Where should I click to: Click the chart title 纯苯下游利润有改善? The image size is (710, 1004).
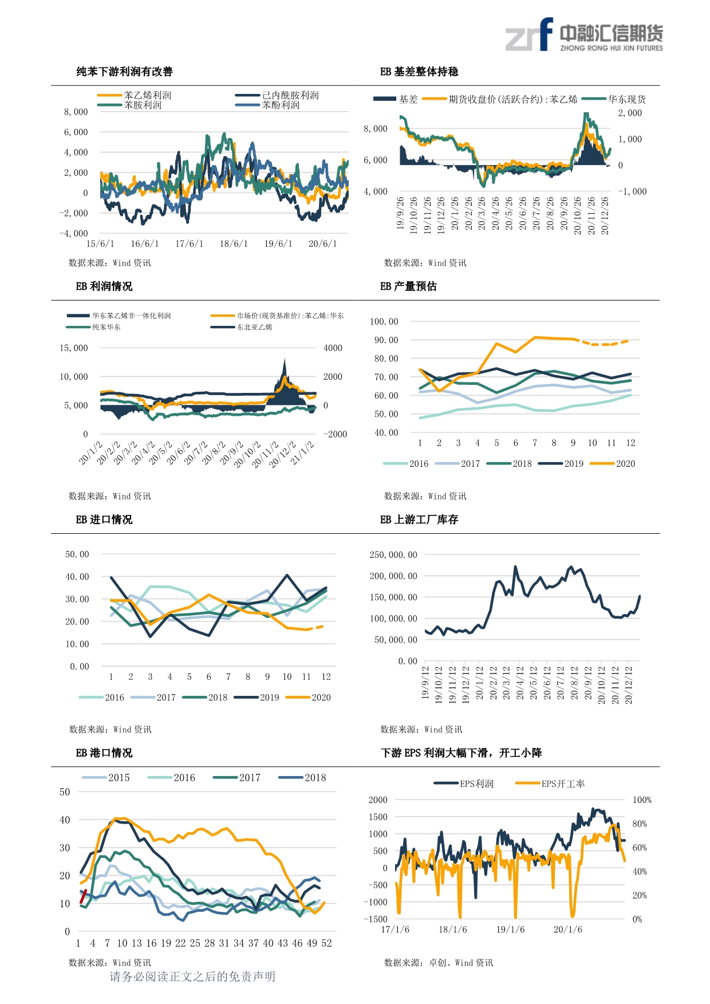124,72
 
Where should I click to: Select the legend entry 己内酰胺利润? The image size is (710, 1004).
290,95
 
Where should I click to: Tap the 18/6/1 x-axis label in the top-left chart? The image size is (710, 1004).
234,244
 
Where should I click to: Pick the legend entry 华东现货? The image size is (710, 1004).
627,99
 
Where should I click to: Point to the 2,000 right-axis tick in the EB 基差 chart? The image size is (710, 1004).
630,113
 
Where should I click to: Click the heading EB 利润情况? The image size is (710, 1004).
104,286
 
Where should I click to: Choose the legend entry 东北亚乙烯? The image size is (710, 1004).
255,327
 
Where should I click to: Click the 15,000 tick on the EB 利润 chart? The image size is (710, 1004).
74,348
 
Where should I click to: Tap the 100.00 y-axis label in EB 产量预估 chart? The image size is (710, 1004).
384,322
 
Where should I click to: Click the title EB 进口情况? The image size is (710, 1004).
104,519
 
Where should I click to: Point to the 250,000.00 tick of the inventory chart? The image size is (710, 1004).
393,555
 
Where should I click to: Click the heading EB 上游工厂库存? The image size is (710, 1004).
419,519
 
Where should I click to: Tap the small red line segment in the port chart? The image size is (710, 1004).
83,896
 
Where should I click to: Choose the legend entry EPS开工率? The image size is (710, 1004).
563,784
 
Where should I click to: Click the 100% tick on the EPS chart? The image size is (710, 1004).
642,800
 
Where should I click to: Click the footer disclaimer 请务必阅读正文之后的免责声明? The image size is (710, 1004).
192,977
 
